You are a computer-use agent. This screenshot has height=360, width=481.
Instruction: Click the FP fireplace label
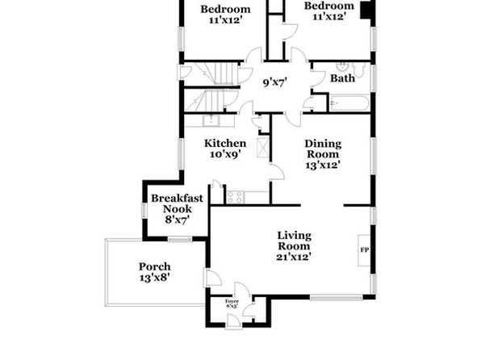(364, 250)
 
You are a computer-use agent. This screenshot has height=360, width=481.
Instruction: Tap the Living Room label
(295, 241)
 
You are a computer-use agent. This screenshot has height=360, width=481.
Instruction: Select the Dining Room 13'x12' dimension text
(323, 165)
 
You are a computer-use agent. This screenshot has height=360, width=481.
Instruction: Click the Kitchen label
(225, 144)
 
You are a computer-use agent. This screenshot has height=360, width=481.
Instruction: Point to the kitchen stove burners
(236, 197)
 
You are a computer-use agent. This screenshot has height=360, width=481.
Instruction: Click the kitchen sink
(211, 120)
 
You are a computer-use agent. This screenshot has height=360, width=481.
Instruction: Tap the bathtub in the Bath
(349, 103)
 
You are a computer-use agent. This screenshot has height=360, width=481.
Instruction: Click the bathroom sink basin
(341, 66)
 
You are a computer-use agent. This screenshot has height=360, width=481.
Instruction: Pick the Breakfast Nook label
(177, 203)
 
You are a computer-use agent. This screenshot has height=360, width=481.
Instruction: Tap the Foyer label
(232, 301)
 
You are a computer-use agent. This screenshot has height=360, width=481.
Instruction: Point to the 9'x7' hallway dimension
(275, 82)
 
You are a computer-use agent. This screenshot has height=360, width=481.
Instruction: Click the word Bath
(342, 78)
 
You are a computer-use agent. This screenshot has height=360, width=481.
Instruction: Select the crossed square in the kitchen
(262, 148)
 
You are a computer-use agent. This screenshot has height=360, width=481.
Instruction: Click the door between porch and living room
(213, 278)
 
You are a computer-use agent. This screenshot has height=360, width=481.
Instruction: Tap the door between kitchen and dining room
(277, 172)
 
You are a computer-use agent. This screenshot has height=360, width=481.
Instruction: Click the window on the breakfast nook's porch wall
(180, 239)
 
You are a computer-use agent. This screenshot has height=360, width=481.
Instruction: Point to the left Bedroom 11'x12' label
(225, 15)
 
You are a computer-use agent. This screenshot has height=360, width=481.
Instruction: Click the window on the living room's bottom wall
(337, 297)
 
